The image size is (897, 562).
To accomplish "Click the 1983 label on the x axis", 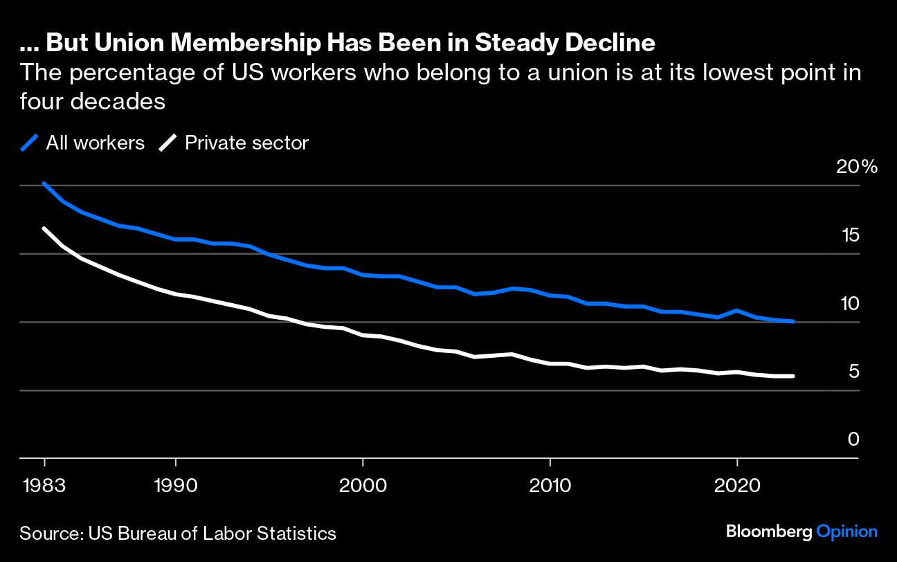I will coord(44,484).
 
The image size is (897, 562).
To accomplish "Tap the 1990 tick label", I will coord(176,484).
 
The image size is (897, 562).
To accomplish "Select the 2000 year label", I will coord(363,484).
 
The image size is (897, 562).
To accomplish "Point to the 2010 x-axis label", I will coord(550,484).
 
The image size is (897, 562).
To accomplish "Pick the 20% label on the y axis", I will coord(856,167).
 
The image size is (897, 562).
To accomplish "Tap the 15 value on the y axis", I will coord(850,235).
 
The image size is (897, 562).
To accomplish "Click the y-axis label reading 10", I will coord(849,303).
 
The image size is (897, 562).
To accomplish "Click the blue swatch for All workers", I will coord(29,143).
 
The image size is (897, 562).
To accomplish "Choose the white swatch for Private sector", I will coord(168,143).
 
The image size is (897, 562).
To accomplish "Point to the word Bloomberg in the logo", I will coord(769,532).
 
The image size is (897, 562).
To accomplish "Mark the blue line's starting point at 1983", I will coord(44,183).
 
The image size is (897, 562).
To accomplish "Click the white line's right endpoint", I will coord(793,376).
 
